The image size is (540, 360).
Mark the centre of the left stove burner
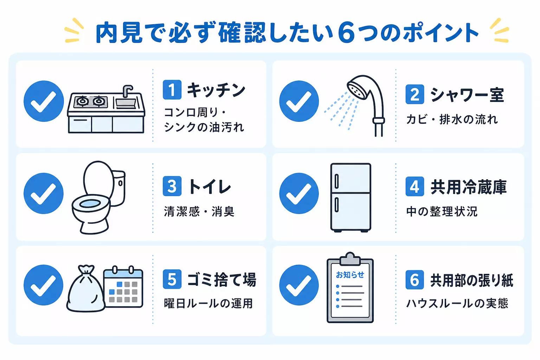tap(83, 101)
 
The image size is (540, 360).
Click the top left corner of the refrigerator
tap(331, 164)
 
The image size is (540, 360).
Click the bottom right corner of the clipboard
tap(373, 322)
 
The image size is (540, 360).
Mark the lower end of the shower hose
tap(379, 136)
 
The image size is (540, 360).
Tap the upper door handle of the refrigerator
tap(336, 181)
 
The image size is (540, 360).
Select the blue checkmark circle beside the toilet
tap(44, 193)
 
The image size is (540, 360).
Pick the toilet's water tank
tap(118, 188)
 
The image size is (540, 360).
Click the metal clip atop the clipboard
tap(350, 259)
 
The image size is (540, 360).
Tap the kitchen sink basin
tap(126, 103)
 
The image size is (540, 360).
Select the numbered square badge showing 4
tap(414, 186)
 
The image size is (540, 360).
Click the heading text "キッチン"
tap(216, 90)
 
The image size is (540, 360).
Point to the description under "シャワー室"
tap(452, 120)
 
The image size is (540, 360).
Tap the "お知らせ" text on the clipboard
tap(350, 275)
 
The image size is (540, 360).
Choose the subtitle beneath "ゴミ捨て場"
tap(208, 303)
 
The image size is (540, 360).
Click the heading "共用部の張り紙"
tap(472, 281)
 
